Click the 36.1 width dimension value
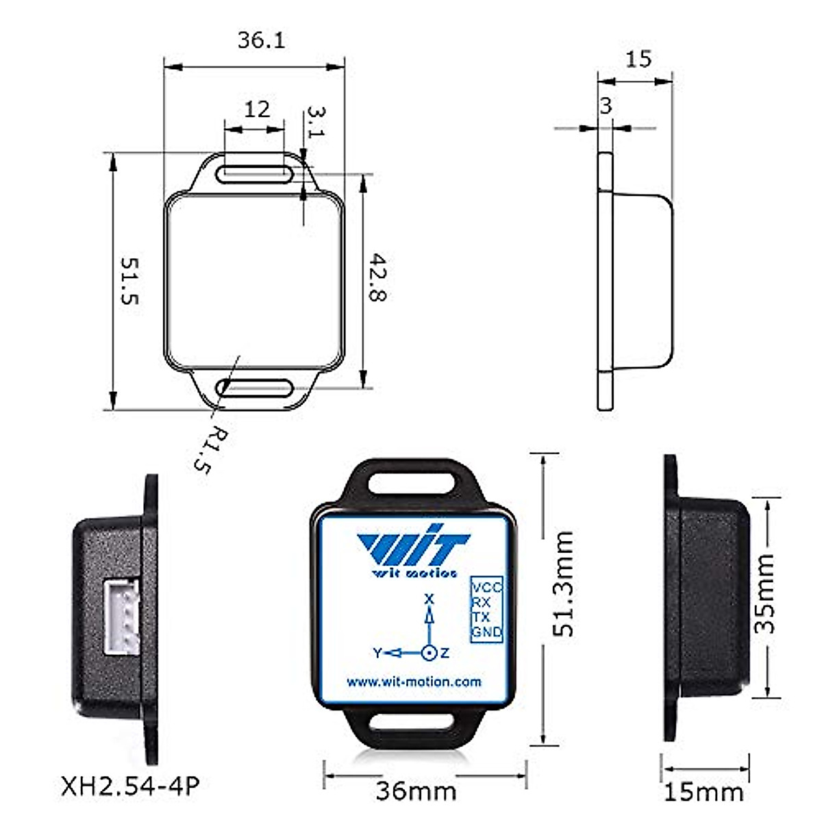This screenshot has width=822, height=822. tap(261, 40)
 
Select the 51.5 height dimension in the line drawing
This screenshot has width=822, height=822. tap(129, 281)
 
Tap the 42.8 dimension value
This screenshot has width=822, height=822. tap(377, 277)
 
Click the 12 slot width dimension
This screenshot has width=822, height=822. tap(257, 110)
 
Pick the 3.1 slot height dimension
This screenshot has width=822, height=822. tap(316, 121)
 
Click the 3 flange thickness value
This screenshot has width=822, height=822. tap(606, 105)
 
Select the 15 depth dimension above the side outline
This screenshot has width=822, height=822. tap(638, 59)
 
